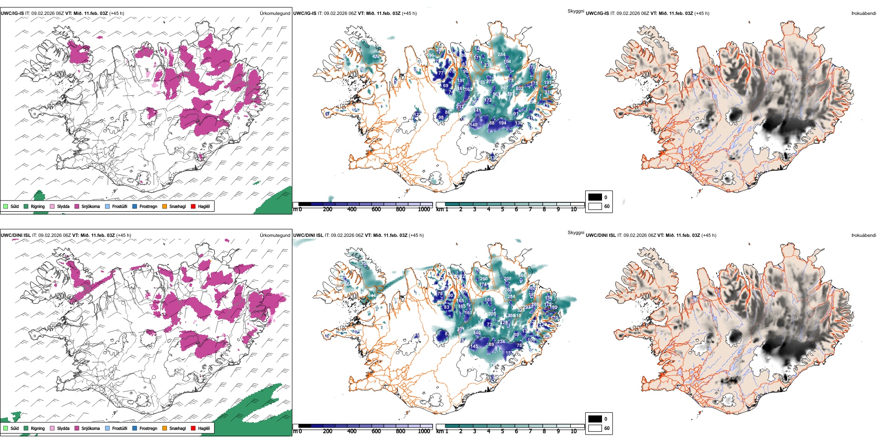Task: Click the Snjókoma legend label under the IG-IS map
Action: [90, 207]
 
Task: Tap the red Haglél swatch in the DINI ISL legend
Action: [193, 428]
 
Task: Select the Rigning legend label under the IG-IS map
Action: [38, 207]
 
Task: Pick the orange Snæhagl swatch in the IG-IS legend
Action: [165, 207]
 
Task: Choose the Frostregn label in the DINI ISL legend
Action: [148, 428]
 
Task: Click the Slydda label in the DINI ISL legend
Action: [63, 428]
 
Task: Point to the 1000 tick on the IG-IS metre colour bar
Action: [424, 210]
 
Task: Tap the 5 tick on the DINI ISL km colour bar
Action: [503, 431]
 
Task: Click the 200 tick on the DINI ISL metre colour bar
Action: [328, 431]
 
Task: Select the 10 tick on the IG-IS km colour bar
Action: [574, 210]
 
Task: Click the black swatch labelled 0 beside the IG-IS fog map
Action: [595, 197]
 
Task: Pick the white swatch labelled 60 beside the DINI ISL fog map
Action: [595, 428]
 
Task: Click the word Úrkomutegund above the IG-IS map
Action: [275, 14]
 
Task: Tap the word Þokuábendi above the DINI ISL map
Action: [864, 235]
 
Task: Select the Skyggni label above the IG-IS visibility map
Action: [575, 11]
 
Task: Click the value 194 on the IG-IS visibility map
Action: [502, 123]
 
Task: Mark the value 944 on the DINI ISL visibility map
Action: [372, 296]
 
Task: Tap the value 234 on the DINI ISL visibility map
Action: [501, 342]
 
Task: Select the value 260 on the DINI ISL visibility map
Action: [484, 279]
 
